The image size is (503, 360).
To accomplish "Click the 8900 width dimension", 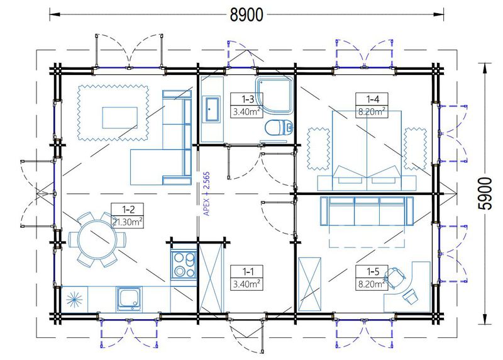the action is [x=246, y=14].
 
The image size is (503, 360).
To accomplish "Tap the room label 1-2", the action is [x=128, y=210].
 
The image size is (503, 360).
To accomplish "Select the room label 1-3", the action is [x=248, y=99].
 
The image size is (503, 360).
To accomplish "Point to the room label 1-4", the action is [x=372, y=99].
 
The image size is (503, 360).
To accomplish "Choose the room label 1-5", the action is [x=373, y=272].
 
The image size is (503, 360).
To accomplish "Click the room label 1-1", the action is [x=248, y=272].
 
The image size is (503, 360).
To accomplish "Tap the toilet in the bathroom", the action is [x=279, y=128].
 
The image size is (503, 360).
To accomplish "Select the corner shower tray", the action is [x=274, y=95].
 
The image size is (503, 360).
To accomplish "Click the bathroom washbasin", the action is [x=211, y=109].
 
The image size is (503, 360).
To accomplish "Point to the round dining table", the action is [x=97, y=239].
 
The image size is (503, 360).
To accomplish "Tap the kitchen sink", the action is [x=129, y=300].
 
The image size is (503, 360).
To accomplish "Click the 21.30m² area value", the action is [x=128, y=222].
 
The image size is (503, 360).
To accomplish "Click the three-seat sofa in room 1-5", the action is [x=367, y=211].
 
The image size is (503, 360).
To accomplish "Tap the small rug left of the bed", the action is [x=318, y=149].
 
